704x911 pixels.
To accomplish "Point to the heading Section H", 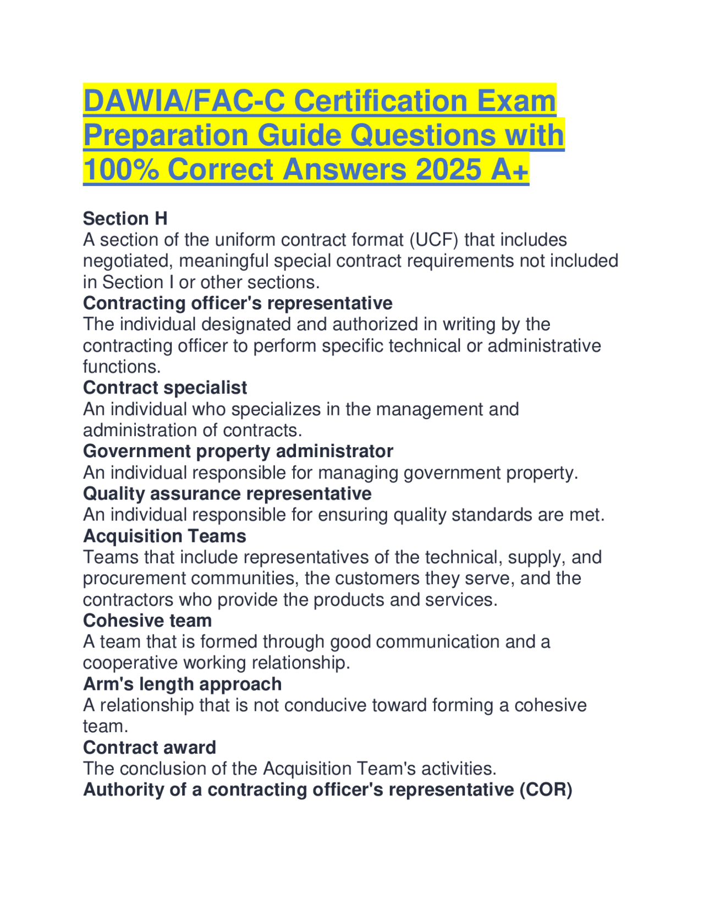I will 125,219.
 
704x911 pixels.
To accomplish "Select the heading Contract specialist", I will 165,388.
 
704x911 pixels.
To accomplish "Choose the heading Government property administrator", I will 238,451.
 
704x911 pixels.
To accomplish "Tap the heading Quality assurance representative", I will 227,493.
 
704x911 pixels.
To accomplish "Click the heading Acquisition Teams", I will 164,536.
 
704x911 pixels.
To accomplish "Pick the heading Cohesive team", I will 147,621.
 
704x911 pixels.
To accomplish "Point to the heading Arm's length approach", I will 183,684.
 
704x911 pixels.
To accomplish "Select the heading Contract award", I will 150,748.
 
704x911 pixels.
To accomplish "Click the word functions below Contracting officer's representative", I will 122,367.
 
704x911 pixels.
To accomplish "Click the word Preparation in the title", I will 166,135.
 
